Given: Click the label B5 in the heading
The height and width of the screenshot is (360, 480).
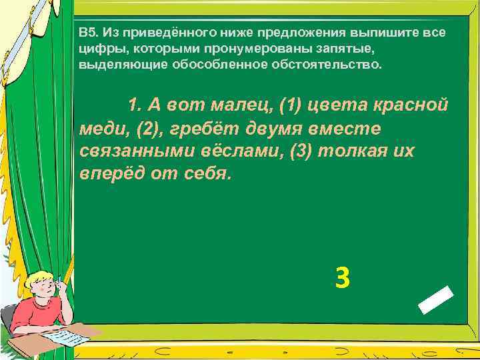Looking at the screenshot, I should pos(88,32).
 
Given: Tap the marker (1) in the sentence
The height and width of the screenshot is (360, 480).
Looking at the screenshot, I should pos(291,105).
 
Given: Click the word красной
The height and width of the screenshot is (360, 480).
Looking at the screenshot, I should pos(412,105).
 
